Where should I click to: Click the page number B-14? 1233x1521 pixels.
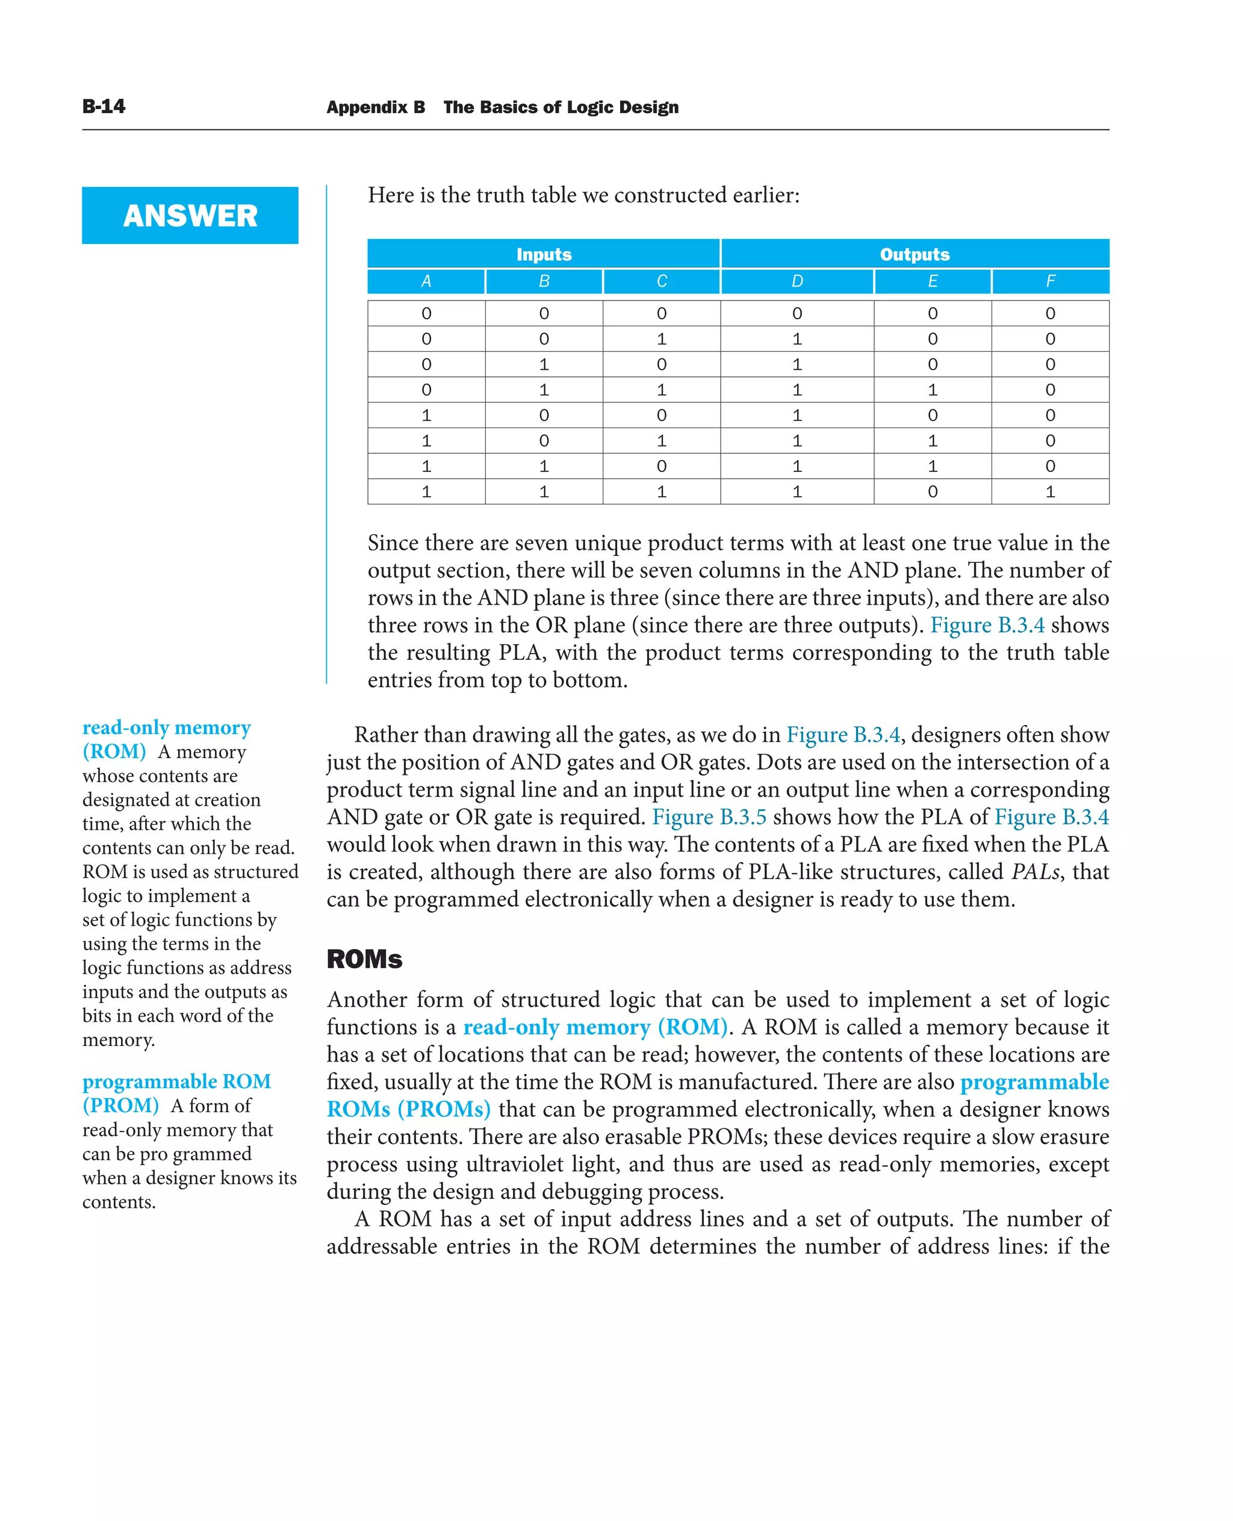[104, 107]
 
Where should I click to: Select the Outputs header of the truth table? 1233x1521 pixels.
[914, 253]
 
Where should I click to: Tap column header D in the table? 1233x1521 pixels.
[797, 281]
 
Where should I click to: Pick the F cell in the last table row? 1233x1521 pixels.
[1050, 491]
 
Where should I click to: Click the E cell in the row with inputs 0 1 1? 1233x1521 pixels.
[932, 390]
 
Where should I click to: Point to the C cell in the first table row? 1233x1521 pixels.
[661, 313]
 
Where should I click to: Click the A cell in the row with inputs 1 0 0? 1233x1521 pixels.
[426, 415]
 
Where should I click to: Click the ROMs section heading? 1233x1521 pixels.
[364, 959]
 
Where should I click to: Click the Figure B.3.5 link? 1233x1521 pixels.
[709, 817]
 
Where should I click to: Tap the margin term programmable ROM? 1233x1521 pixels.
[176, 1081]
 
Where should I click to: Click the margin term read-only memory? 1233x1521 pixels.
[166, 727]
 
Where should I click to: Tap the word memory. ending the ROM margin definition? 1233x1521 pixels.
[118, 1040]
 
